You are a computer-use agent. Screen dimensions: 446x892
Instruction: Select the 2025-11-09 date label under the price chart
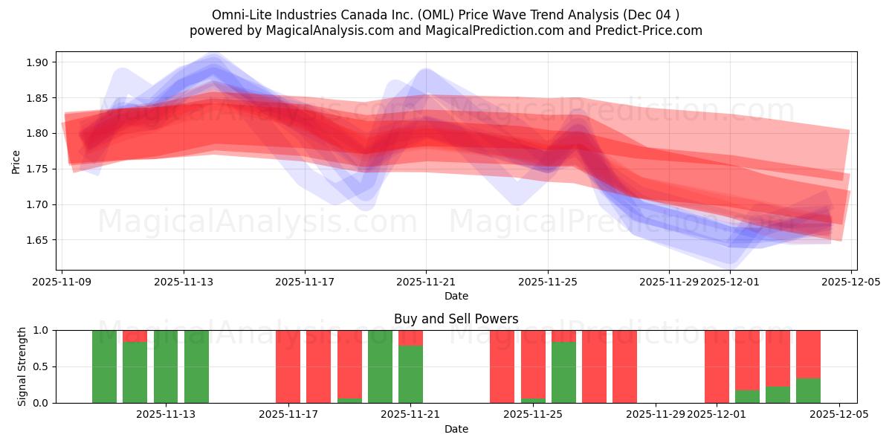click(62, 282)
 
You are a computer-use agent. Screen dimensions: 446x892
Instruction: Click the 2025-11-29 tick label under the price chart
click(668, 282)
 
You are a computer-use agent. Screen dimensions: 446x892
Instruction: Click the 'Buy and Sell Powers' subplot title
click(456, 319)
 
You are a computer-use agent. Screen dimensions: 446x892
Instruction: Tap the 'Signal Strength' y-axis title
click(22, 366)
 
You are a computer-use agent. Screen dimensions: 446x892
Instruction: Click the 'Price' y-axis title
click(16, 161)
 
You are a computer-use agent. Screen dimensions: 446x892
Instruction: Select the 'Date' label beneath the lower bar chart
click(456, 429)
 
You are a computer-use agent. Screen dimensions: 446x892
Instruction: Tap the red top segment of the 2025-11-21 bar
click(410, 337)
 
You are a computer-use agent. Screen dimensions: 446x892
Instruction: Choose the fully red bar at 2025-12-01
click(717, 366)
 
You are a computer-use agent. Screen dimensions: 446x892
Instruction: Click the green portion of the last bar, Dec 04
click(808, 391)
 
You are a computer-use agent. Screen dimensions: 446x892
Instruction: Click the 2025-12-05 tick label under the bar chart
click(839, 414)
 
